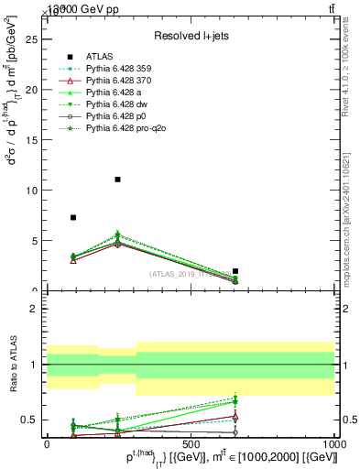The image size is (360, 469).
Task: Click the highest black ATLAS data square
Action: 118,180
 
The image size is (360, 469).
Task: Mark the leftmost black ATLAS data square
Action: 73,217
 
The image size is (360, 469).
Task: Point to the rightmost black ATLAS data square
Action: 235,271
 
